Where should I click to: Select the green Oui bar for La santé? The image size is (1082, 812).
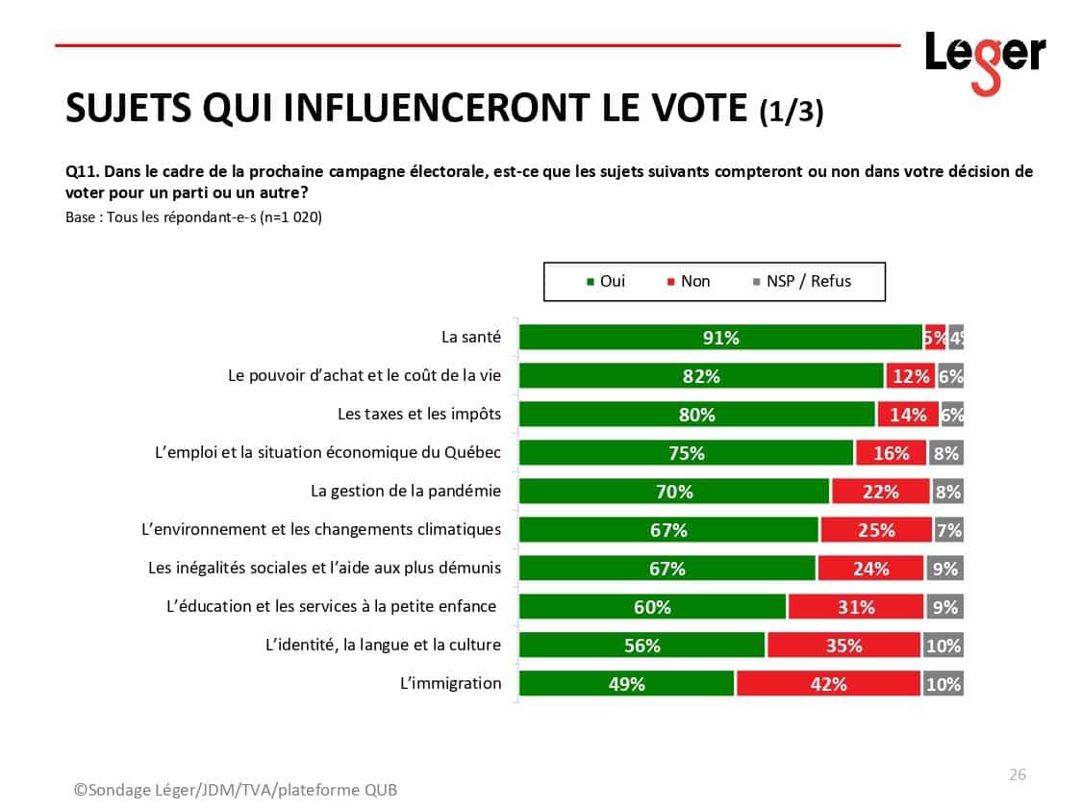pos(720,338)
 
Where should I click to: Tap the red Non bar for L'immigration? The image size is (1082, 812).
pos(828,684)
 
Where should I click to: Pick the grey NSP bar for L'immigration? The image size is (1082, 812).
pos(943,684)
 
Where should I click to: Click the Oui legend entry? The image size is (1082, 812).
pos(606,281)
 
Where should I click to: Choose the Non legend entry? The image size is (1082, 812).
pos(689,281)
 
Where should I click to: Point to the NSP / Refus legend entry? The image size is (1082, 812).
pos(803,281)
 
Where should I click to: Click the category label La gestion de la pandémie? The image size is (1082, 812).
pos(406,491)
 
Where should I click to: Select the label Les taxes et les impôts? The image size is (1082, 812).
pos(419,414)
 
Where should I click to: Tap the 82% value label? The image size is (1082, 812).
pos(701,376)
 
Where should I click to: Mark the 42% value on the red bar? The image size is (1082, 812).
pos(828,684)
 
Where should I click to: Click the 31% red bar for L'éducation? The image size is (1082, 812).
pos(855,607)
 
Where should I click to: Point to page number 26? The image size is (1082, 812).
pos(1017,774)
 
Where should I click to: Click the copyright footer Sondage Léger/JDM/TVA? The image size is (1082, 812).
pos(236,790)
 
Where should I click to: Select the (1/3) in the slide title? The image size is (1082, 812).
pos(791,112)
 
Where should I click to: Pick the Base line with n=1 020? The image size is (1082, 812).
pos(193,217)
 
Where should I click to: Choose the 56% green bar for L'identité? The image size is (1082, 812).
pos(642,646)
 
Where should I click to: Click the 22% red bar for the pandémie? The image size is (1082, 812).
pos(880,492)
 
